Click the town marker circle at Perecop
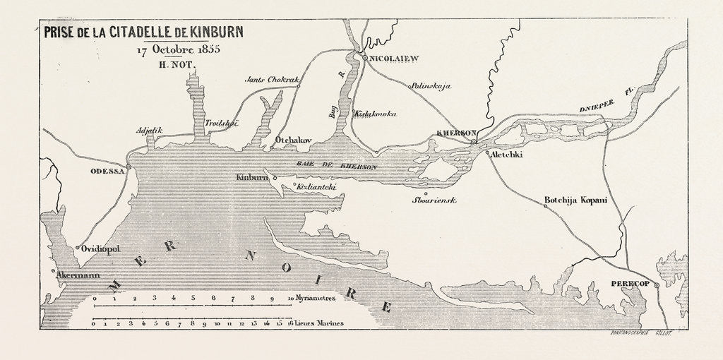[x=657, y=285]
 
